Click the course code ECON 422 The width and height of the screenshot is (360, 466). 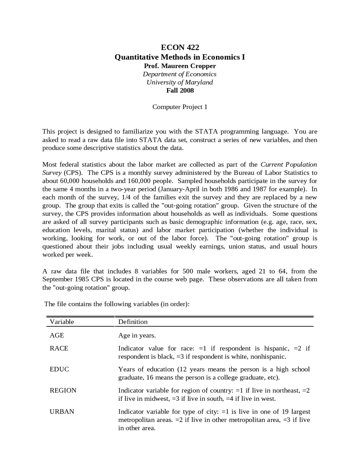(x=180, y=47)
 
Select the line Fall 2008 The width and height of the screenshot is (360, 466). (x=180, y=91)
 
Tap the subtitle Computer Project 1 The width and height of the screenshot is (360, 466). (x=180, y=107)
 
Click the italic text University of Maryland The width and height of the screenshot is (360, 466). (x=180, y=82)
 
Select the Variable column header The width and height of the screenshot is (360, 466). (x=62, y=322)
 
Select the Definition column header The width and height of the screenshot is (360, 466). (x=133, y=322)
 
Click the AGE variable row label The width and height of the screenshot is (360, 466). (x=57, y=335)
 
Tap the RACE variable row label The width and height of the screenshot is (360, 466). (x=59, y=348)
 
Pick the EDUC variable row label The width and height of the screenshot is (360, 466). (x=59, y=369)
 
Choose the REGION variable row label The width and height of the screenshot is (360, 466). (x=63, y=391)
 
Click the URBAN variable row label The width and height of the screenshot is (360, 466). (x=62, y=412)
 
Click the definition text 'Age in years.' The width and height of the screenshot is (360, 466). (x=137, y=335)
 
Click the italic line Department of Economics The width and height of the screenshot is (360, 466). (x=180, y=74)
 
